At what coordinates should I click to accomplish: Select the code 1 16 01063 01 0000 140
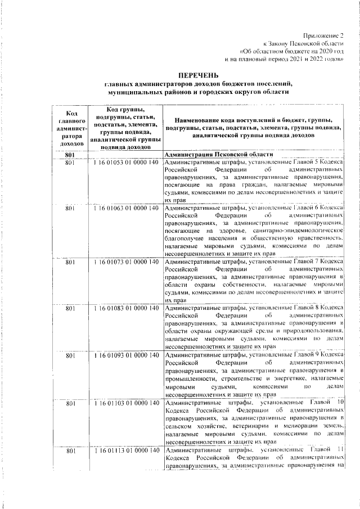(127, 209)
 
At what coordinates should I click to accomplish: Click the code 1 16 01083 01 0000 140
(127, 308)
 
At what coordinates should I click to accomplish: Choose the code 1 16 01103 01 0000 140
(127, 403)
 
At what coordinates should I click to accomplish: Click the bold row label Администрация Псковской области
(219, 154)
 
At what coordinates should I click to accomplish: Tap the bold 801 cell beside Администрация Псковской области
(70, 154)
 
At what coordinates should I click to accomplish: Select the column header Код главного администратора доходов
(71, 128)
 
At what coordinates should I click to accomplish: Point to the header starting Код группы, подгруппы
(126, 128)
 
